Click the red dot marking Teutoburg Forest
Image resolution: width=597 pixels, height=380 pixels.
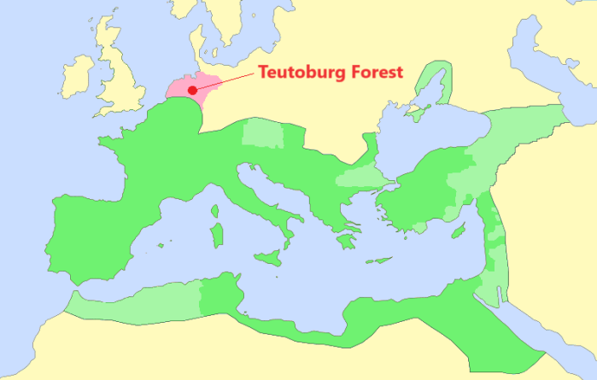coord(193,90)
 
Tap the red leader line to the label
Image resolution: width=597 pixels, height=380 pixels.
coord(226,82)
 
